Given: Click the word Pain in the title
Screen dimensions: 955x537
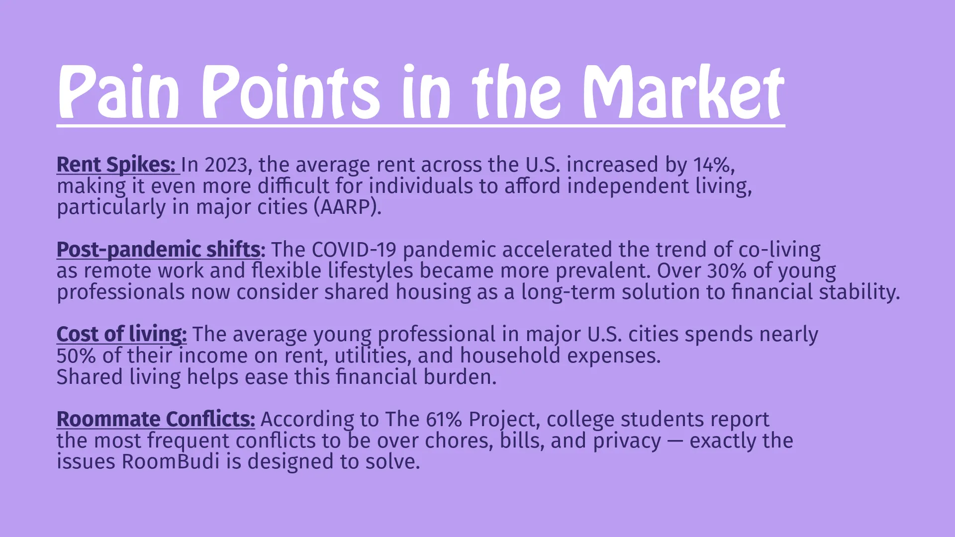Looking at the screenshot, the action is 118,92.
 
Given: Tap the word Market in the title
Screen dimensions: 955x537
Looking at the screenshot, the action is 684,92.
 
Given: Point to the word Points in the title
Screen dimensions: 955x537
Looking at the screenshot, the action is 290,92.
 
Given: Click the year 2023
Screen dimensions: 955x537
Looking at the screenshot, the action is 226,165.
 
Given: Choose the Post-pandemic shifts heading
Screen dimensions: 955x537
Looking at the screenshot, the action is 159,250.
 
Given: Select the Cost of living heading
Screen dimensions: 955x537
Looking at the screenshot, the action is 121,335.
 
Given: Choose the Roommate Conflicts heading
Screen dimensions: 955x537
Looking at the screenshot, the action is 156,419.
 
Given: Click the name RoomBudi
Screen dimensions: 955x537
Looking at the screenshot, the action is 171,462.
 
